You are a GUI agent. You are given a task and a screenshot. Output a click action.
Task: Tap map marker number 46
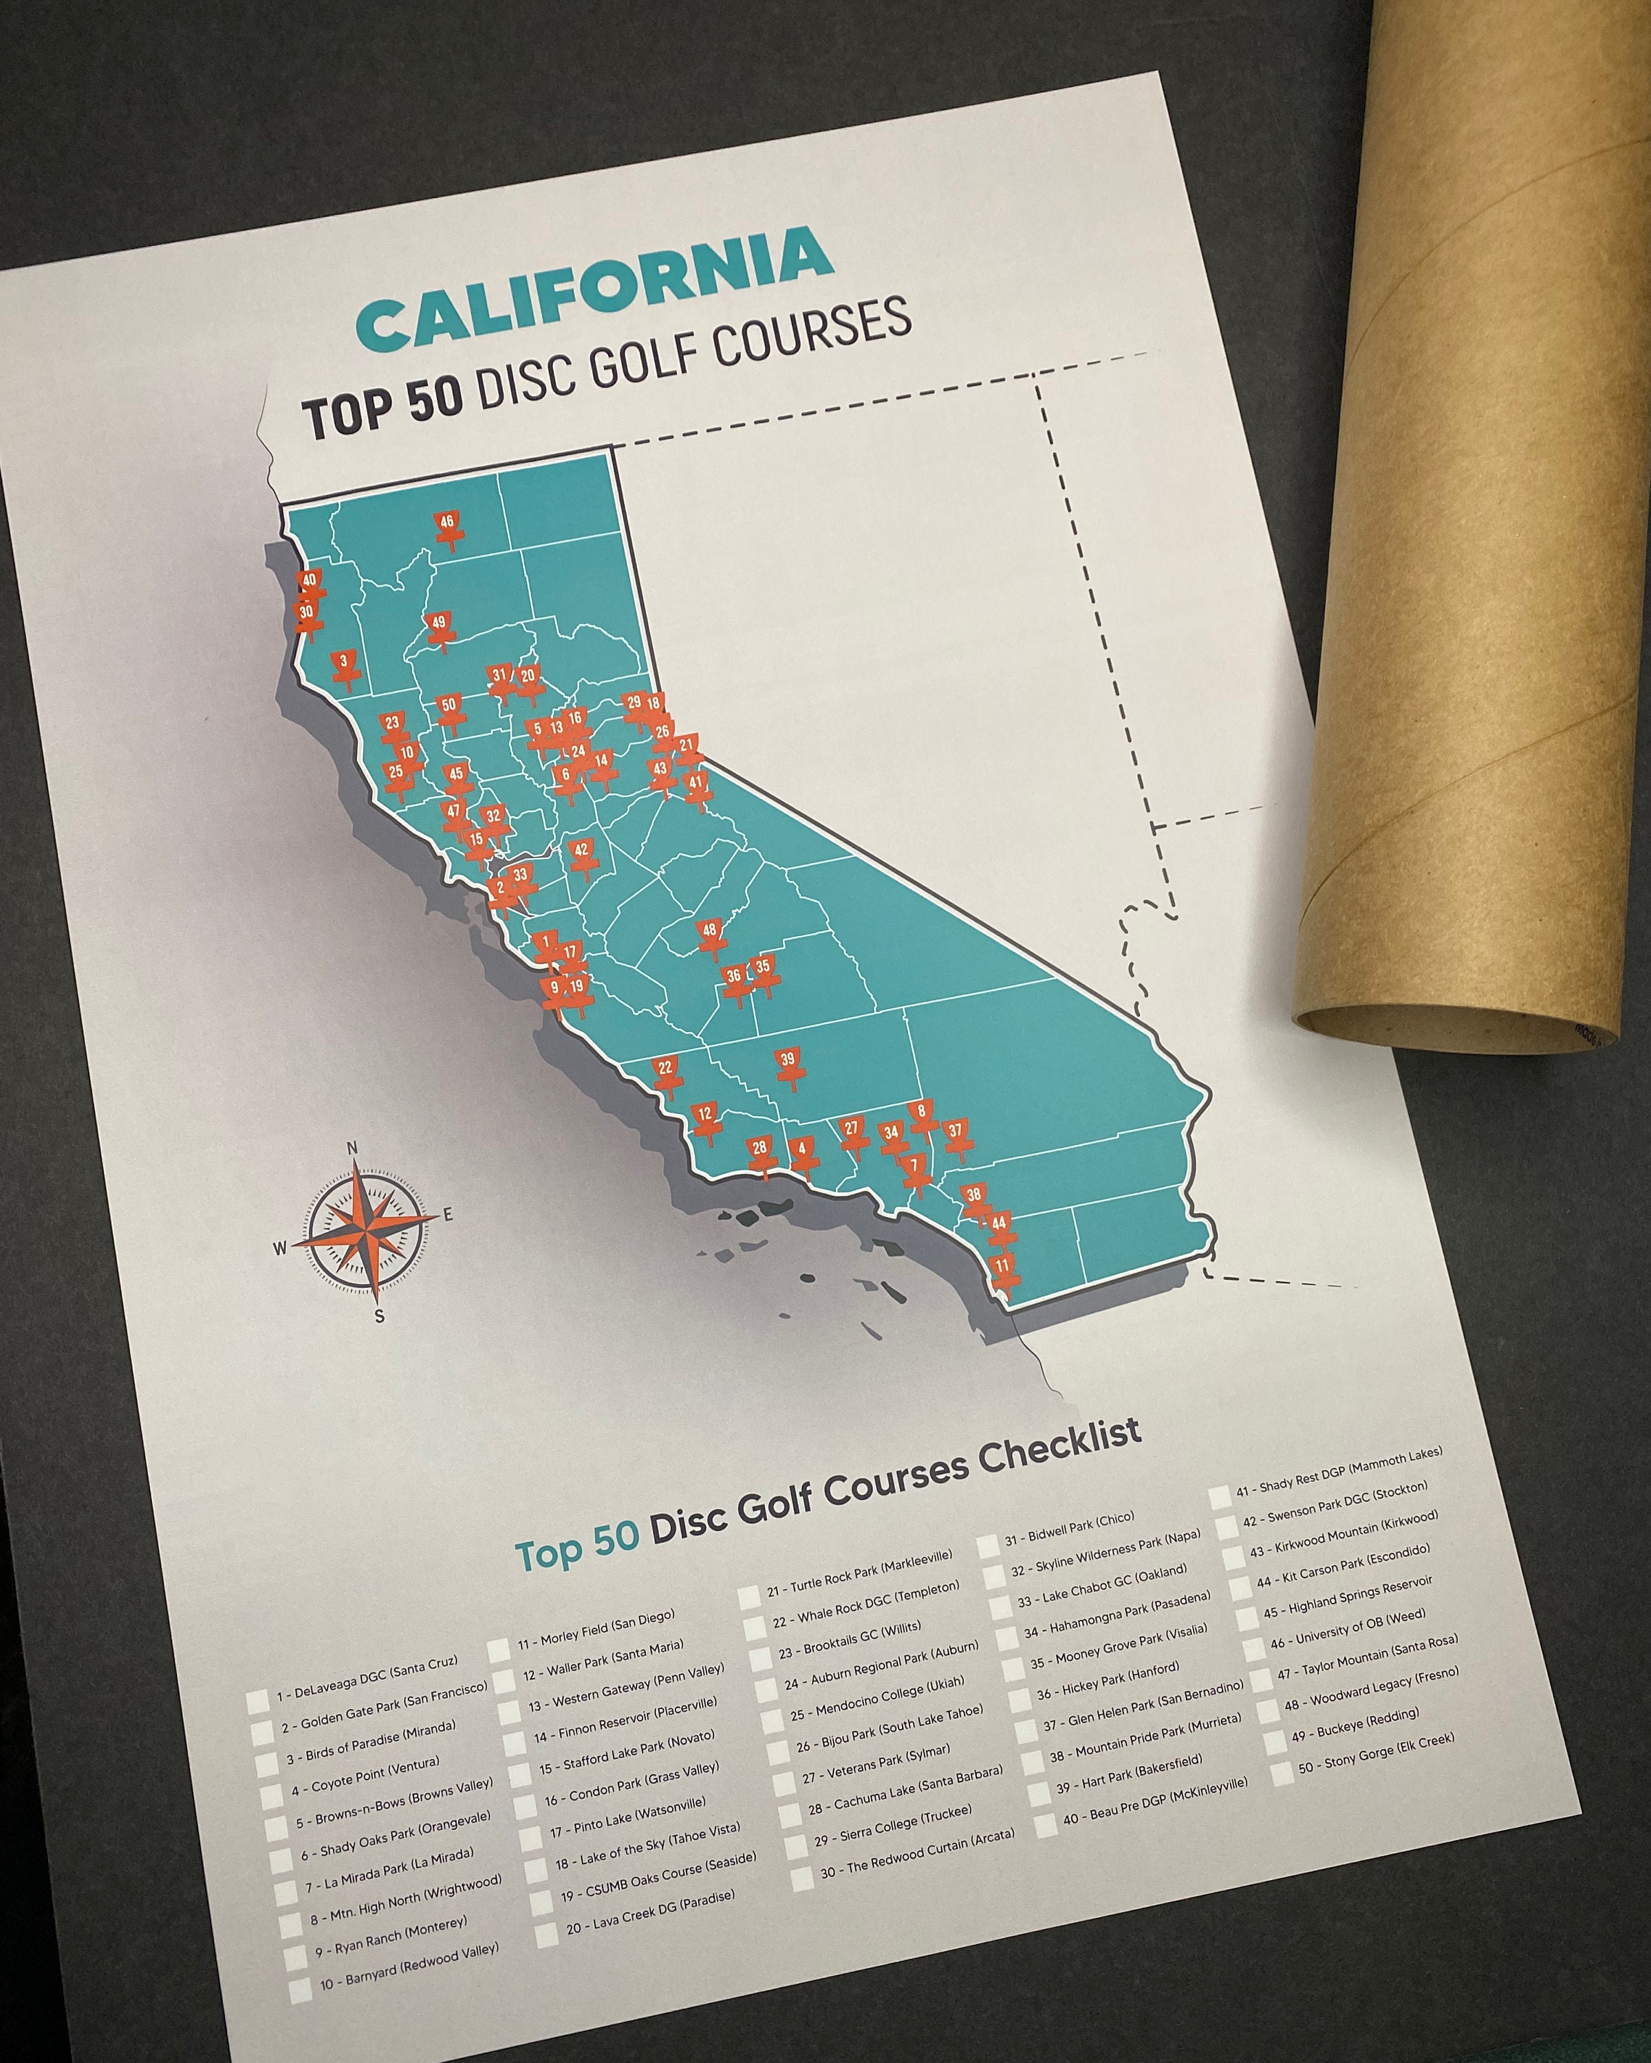447,525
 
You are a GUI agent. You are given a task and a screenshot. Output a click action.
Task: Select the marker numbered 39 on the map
788,1063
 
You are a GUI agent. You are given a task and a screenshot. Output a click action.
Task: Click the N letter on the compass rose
352,1149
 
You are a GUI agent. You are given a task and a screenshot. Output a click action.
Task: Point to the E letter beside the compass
447,1215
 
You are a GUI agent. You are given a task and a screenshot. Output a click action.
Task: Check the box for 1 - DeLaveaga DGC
259,1704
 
